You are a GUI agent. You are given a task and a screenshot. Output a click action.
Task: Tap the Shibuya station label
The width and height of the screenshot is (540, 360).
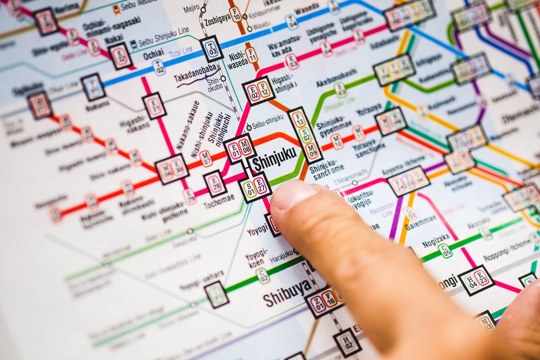[287, 293]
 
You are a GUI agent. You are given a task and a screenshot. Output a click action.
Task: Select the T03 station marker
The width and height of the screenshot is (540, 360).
[212, 49]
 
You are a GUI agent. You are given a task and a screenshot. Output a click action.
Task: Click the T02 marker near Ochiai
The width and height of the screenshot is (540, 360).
[158, 67]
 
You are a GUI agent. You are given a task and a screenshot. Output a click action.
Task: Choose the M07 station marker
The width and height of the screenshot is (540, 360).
[206, 158]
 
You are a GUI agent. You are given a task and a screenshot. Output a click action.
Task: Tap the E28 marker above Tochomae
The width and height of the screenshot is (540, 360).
[215, 184]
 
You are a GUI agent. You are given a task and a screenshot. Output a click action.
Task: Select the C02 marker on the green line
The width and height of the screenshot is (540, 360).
[263, 276]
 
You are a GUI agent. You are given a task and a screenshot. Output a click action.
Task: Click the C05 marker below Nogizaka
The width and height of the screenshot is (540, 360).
[445, 250]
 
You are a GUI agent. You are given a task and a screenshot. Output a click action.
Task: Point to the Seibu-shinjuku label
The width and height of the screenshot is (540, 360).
[268, 119]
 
